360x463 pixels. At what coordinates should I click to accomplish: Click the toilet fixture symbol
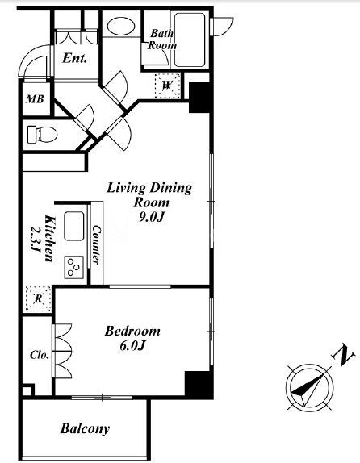[42, 135]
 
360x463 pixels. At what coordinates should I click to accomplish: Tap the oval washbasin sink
[121, 26]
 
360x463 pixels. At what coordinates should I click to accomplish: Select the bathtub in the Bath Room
[190, 40]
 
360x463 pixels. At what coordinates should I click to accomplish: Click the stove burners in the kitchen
[73, 266]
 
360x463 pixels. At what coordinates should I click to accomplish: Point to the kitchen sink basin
[73, 226]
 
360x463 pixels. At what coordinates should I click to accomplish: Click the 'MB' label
[35, 99]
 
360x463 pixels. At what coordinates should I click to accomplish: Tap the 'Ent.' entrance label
[75, 58]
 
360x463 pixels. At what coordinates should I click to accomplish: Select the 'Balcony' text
[85, 428]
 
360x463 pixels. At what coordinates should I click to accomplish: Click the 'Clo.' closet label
[40, 355]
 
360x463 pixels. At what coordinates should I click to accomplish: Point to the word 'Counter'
[96, 244]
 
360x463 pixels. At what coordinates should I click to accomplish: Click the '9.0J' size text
[151, 217]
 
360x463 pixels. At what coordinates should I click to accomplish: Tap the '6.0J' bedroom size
[132, 345]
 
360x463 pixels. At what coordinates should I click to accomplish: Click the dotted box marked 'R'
[38, 298]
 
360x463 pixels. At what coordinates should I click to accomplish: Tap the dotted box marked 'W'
[168, 86]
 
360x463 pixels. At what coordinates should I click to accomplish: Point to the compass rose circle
[309, 387]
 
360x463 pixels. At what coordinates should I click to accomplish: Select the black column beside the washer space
[200, 98]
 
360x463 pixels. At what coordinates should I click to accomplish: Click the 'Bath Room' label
[162, 40]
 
